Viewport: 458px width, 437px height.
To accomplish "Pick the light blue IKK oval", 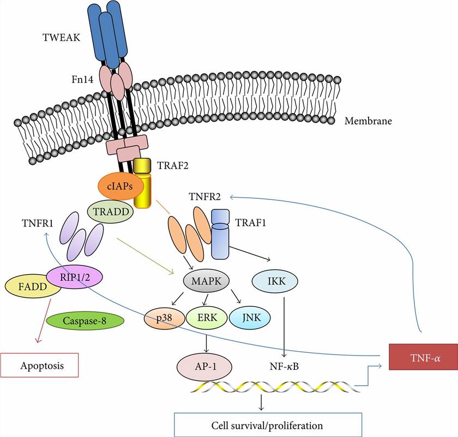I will [275, 281].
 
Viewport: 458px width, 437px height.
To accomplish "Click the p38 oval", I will [164, 318].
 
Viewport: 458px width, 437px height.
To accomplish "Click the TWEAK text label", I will [62, 37].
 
